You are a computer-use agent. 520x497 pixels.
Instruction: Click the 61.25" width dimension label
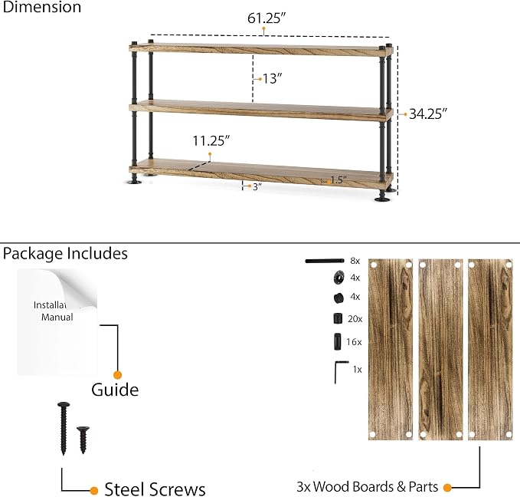click(x=267, y=18)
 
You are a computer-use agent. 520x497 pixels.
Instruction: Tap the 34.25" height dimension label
click(x=428, y=114)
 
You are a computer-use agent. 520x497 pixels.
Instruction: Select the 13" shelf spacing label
click(x=272, y=79)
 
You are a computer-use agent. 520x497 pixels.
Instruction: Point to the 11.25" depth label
click(x=211, y=141)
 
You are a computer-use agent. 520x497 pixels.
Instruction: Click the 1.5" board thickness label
click(x=338, y=180)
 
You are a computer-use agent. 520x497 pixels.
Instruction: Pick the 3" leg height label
click(x=257, y=186)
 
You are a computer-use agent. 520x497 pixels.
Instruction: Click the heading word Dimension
click(x=42, y=7)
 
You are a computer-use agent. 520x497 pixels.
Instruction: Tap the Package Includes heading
click(x=65, y=253)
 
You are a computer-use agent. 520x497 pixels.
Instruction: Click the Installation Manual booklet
click(x=57, y=322)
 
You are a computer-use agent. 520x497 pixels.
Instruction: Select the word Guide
click(x=115, y=390)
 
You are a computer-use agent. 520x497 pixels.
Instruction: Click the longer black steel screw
click(x=64, y=429)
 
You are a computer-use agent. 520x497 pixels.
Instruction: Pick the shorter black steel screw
click(x=83, y=439)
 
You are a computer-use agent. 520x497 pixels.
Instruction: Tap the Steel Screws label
click(x=155, y=489)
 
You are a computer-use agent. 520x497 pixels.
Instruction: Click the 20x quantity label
click(x=355, y=319)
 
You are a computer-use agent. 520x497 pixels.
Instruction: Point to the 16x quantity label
click(x=354, y=342)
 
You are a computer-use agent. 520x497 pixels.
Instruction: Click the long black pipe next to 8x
click(x=325, y=261)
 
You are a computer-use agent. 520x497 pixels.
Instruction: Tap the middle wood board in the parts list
click(x=440, y=350)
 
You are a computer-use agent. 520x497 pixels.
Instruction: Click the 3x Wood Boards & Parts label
click(x=367, y=487)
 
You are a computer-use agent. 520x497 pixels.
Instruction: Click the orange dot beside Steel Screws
click(x=94, y=490)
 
